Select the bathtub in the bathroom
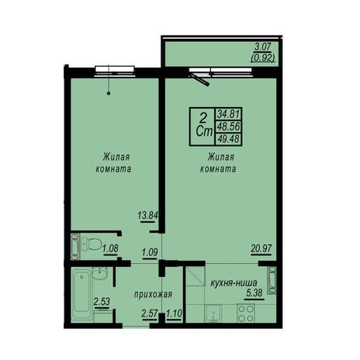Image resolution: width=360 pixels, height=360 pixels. pyautogui.click(x=81, y=294)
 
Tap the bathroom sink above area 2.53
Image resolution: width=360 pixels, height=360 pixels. pyautogui.click(x=100, y=274)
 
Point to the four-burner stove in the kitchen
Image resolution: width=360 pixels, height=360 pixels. pyautogui.click(x=246, y=313)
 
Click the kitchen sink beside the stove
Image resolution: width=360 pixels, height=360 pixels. pyautogui.click(x=213, y=313)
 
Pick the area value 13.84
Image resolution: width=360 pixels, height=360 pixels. pyautogui.click(x=147, y=215)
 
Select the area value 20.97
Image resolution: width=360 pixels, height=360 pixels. pyautogui.click(x=261, y=248)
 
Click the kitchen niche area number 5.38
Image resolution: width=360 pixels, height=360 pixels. pyautogui.click(x=254, y=293)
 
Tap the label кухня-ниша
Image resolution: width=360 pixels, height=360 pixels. pyautogui.click(x=234, y=282)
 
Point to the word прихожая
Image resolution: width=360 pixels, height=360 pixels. pyautogui.click(x=153, y=294)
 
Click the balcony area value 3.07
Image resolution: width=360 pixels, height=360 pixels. pyautogui.click(x=263, y=47)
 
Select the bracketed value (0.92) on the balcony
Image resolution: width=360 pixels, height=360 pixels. pyautogui.click(x=262, y=57)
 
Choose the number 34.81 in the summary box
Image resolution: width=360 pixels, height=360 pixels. pyautogui.click(x=229, y=113)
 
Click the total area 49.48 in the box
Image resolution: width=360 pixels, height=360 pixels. pyautogui.click(x=229, y=139)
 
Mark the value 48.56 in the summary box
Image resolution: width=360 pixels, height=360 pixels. pyautogui.click(x=229, y=126)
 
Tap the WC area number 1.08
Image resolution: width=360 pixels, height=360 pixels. pyautogui.click(x=110, y=249)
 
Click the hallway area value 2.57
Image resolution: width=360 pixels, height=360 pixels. pyautogui.click(x=150, y=313)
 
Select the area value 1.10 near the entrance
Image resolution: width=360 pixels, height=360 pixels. pyautogui.click(x=175, y=313)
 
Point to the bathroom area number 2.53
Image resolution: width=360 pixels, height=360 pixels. pyautogui.click(x=102, y=302)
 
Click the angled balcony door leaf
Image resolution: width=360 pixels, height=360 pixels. pyautogui.click(x=199, y=79)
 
